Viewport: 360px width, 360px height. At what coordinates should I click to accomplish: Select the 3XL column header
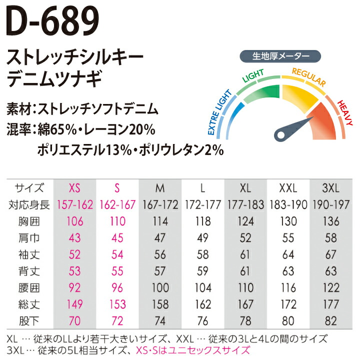[x=331, y=188]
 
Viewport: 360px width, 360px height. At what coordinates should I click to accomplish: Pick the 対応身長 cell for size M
[x=160, y=205]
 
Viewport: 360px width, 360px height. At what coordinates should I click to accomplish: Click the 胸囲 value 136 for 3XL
[x=331, y=221]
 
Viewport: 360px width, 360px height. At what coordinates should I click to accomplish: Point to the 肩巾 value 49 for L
[x=202, y=238]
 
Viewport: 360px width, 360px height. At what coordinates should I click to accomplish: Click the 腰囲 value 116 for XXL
[x=288, y=287]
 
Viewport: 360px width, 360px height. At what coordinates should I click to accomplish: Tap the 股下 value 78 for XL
[x=245, y=320]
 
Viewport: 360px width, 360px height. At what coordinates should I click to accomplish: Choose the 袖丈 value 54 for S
[x=117, y=254]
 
